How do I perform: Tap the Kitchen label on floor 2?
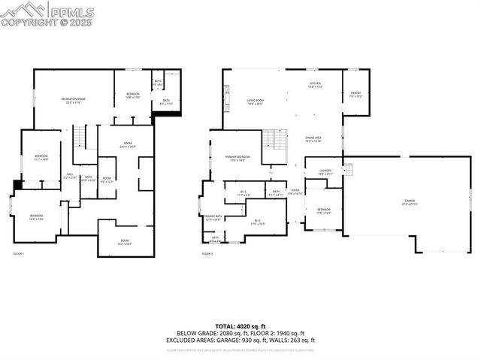(x=316, y=85)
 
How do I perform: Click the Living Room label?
(x=255, y=101)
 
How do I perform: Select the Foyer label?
(x=295, y=192)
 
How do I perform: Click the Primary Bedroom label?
(x=237, y=159)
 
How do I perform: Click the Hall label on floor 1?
(x=69, y=177)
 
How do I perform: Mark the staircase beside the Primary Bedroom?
(x=272, y=140)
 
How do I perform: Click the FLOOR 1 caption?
(x=20, y=254)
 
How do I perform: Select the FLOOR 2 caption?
(x=207, y=254)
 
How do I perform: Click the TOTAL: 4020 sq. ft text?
(x=240, y=324)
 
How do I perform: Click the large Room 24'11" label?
(x=128, y=146)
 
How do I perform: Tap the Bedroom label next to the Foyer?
(x=324, y=211)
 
